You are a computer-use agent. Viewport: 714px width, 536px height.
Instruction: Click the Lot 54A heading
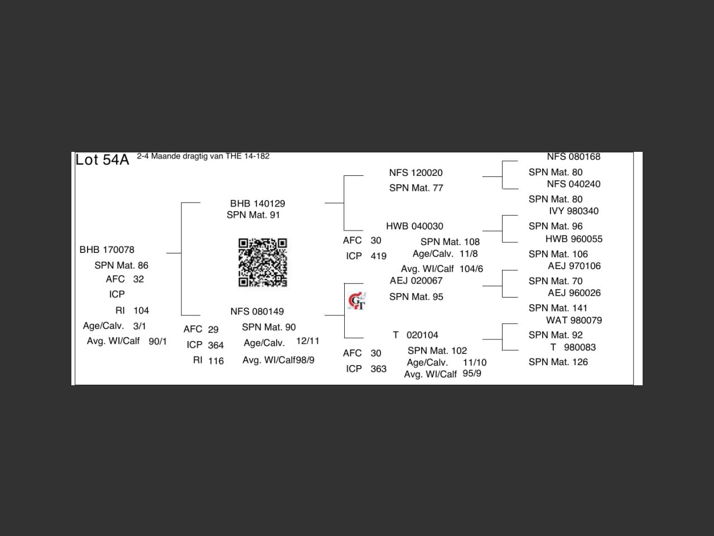pos(102,160)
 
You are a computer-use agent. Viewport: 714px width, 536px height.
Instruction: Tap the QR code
pos(263,262)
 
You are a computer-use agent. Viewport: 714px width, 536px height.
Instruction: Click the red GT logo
pos(356,301)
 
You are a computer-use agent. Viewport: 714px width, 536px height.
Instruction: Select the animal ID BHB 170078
pos(107,250)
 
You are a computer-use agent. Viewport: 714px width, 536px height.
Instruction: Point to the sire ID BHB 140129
pos(257,203)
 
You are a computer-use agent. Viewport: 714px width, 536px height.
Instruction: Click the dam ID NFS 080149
pos(257,312)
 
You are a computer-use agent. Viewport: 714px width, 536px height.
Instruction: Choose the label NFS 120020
pos(416,173)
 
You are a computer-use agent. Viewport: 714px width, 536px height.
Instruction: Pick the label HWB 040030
pos(414,226)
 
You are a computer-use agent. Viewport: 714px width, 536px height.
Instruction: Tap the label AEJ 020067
pos(416,280)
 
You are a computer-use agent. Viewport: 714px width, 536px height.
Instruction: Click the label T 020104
pos(416,335)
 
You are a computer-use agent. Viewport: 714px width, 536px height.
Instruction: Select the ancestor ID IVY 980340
pos(573,211)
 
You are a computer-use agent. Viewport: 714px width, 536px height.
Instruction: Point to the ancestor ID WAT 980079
pos(573,320)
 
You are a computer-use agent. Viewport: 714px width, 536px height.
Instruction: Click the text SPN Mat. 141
pos(558,308)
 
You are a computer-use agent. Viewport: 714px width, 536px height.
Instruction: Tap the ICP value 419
pos(378,256)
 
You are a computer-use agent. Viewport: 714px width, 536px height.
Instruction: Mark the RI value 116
pos(216,361)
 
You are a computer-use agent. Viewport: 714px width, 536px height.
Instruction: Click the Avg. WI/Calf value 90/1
pos(157,341)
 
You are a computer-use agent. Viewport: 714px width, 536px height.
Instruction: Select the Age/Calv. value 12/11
pos(307,341)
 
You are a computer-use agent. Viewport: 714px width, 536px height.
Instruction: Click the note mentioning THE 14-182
pos(203,156)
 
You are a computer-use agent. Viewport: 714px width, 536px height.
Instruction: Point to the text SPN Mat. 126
pos(558,362)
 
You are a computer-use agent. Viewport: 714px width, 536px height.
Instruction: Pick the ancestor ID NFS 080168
pos(573,157)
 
